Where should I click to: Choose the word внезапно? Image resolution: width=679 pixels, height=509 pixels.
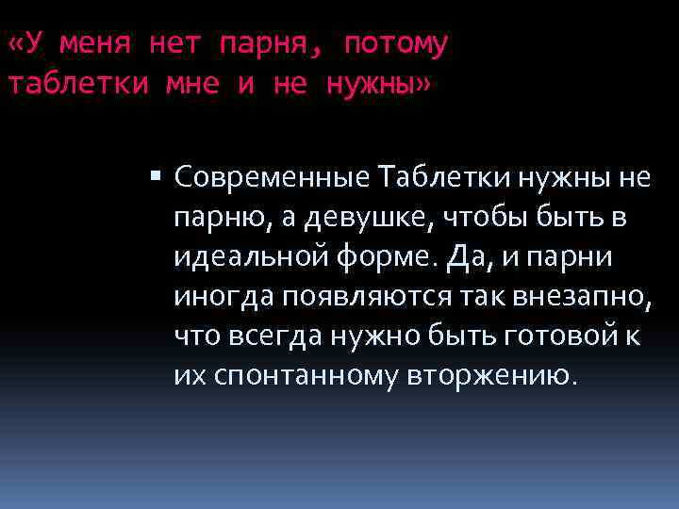coord(582,297)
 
